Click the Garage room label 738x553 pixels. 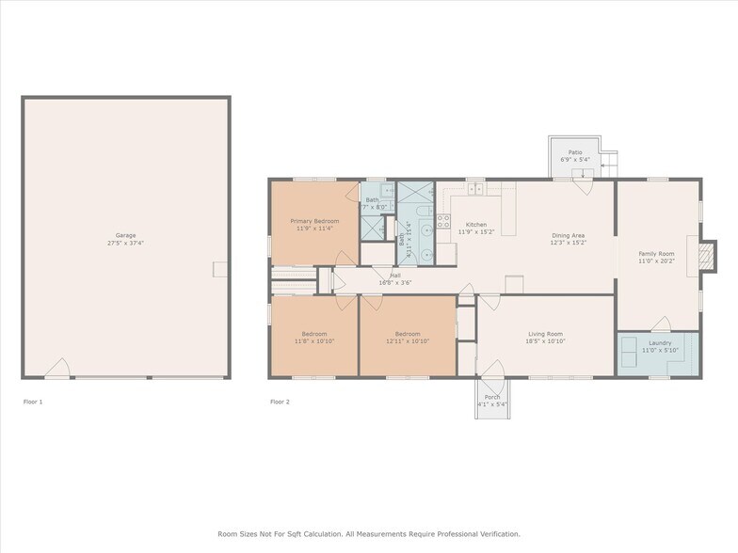tap(125, 235)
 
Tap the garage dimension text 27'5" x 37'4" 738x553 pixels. tap(125, 243)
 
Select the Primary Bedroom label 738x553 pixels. tap(314, 221)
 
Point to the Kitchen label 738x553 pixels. tap(476, 225)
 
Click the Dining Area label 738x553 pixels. tap(569, 235)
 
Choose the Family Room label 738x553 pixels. tap(657, 253)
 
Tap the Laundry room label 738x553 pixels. tap(660, 343)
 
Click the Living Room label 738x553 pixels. tap(544, 334)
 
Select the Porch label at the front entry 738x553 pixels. tap(492, 397)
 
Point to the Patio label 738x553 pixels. tap(574, 152)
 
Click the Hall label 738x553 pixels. tap(395, 276)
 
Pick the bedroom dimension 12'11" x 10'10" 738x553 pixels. tap(408, 341)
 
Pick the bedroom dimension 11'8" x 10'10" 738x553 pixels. tap(314, 341)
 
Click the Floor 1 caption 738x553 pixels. tap(33, 402)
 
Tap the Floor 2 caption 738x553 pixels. tap(281, 402)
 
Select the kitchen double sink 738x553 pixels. tap(476, 189)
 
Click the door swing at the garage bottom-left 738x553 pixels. tap(56, 369)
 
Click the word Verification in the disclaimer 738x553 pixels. tap(492, 533)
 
